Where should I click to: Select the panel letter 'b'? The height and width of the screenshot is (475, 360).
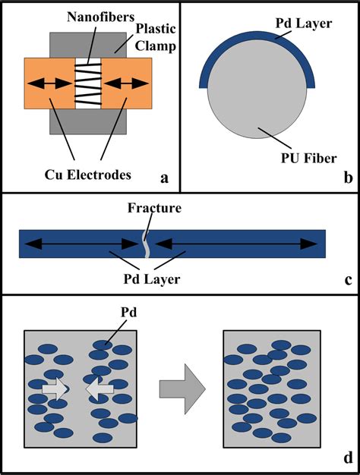coord(346,179)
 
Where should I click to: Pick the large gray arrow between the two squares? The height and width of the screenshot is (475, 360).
coord(182,387)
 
